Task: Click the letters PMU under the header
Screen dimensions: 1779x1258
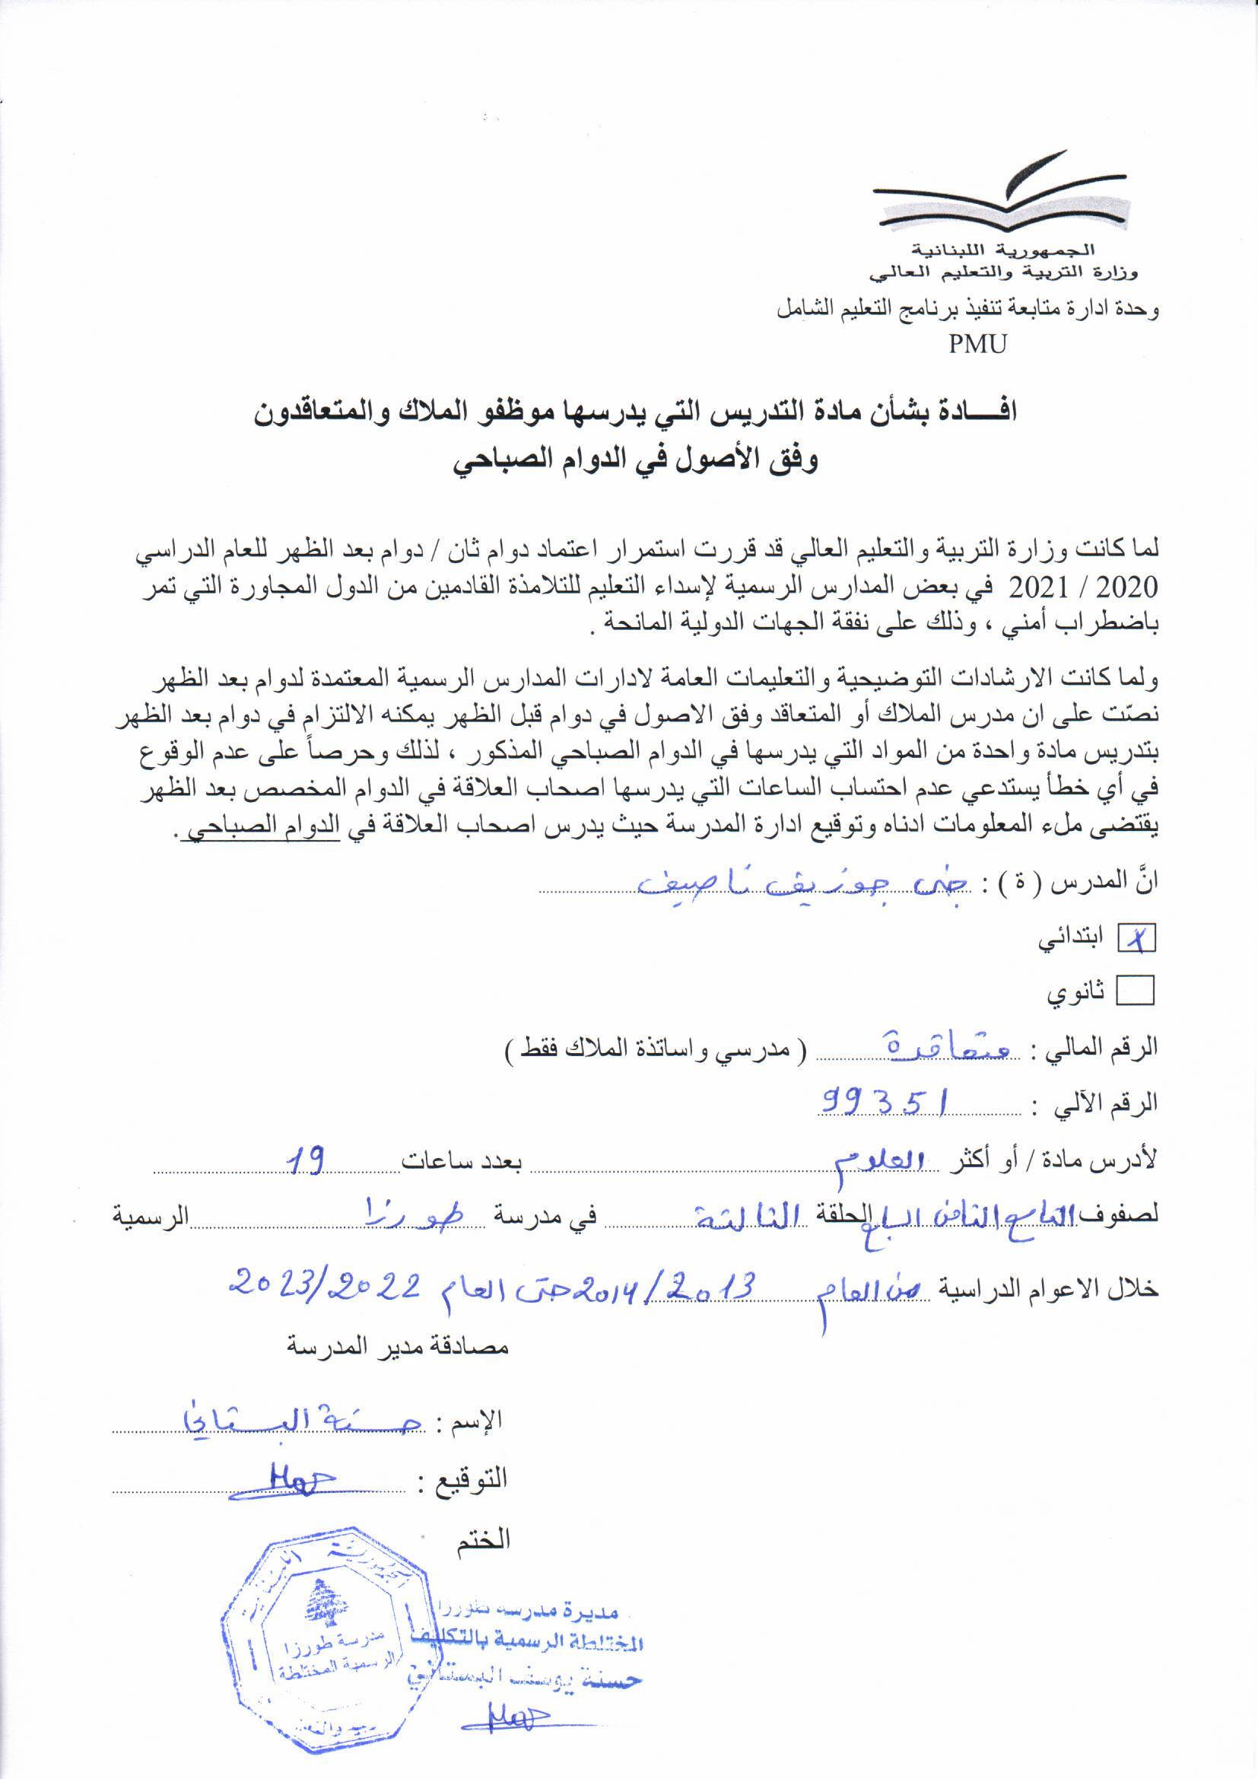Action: [977, 344]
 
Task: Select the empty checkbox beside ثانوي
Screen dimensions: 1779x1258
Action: [1135, 989]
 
